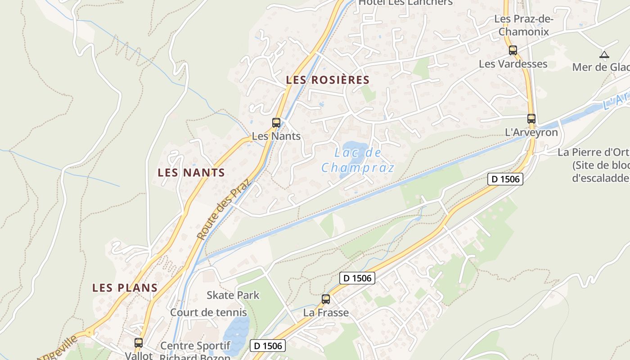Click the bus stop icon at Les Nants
coord(276,122)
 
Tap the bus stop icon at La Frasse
coord(325,299)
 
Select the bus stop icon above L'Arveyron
coord(531,119)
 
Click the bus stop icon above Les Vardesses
coord(513,50)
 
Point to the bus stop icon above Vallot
coord(139,342)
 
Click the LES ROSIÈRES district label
coord(328,80)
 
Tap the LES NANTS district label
coord(191,172)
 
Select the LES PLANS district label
coord(125,288)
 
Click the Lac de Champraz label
coord(358,160)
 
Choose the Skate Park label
coord(233,295)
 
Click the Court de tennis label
coord(208,312)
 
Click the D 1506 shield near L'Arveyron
coord(505,179)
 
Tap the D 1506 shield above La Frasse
coord(357,278)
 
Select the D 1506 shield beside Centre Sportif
coord(268,346)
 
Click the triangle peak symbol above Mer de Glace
coord(604,55)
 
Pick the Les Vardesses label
coord(513,64)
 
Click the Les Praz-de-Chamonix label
coord(524,25)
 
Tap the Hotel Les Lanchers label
coord(405,3)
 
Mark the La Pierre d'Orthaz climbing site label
coord(594,165)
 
